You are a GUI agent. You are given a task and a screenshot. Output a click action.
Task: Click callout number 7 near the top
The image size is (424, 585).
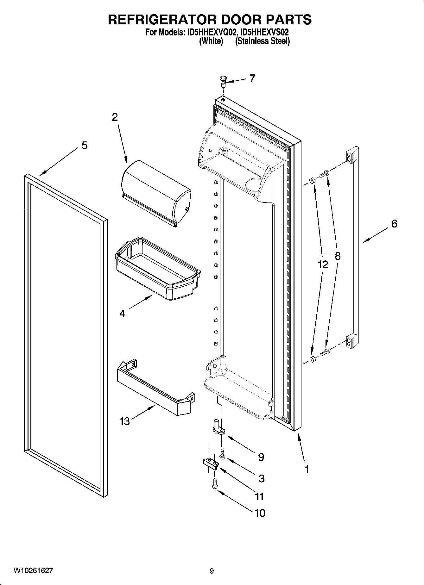coord(252,78)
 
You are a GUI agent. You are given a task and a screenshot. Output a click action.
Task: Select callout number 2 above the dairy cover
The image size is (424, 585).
coord(115,117)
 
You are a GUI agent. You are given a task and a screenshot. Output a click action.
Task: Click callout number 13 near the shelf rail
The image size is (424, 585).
coord(125,421)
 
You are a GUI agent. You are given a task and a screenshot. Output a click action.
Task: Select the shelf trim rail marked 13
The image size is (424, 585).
coord(155,389)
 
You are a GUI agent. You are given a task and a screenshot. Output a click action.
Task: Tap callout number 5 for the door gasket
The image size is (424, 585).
coord(84,146)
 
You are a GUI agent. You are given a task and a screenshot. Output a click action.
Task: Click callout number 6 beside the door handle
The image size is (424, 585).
coord(394,224)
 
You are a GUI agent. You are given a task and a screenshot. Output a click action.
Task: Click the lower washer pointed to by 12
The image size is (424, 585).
coord(313,359)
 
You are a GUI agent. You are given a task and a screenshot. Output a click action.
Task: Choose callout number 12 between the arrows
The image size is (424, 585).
coord(323,264)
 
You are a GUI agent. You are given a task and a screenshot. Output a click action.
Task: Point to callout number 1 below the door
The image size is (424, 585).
coord(307,469)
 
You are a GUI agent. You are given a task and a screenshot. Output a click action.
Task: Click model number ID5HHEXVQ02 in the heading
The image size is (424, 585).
coord(210,32)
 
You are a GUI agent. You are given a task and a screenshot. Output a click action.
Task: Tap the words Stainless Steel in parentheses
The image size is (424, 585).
coord(262,41)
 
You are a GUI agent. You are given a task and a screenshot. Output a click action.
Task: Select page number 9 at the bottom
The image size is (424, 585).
coord(212,571)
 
